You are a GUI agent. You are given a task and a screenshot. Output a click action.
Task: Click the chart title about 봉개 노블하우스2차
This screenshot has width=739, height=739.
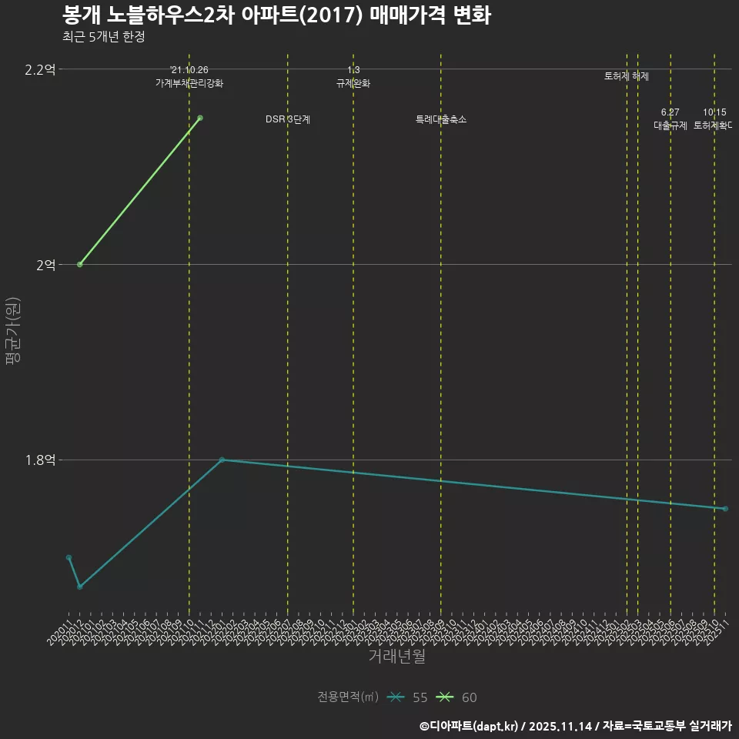[276, 15]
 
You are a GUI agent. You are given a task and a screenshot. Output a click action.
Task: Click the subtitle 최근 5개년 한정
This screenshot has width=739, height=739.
[103, 36]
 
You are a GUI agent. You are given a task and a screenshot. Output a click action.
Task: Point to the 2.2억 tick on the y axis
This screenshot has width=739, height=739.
[40, 70]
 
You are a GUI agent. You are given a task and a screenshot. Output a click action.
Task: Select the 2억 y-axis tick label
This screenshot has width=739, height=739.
[45, 265]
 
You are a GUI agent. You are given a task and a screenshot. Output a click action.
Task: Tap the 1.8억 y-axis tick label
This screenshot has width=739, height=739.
[40, 460]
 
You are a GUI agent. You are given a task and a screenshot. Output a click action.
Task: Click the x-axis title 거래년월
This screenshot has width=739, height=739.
[396, 657]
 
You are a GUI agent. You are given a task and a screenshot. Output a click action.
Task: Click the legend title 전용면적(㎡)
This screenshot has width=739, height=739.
[348, 697]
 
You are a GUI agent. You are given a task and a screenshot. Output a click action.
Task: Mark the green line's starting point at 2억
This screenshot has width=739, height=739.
[80, 265]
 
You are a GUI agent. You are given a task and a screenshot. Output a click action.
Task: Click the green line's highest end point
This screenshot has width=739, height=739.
[200, 118]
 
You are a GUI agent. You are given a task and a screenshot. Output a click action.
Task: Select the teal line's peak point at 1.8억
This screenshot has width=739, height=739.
[222, 460]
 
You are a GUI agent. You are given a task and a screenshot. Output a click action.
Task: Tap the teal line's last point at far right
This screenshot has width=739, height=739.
[725, 509]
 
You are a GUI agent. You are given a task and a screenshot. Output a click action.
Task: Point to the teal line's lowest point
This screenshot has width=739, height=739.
[80, 587]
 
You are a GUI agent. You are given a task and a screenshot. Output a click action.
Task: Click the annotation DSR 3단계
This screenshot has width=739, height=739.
[288, 119]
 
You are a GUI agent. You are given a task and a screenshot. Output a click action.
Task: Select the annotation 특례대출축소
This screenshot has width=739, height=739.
[441, 119]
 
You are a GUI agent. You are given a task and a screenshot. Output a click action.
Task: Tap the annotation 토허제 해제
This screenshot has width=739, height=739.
[627, 76]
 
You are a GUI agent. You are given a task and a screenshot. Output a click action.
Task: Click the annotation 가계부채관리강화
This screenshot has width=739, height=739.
[189, 83]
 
